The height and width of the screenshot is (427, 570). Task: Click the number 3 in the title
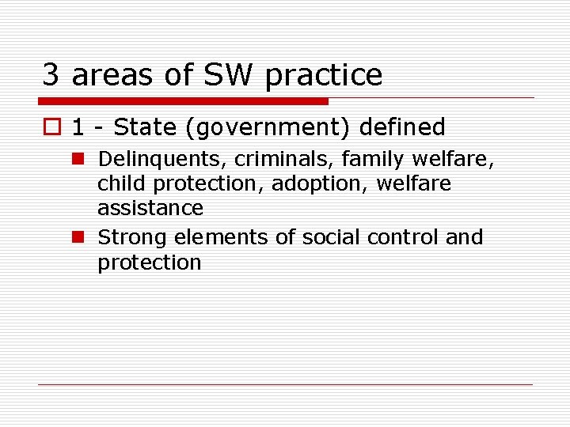coord(51,75)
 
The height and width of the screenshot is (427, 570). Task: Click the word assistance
coord(150,208)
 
